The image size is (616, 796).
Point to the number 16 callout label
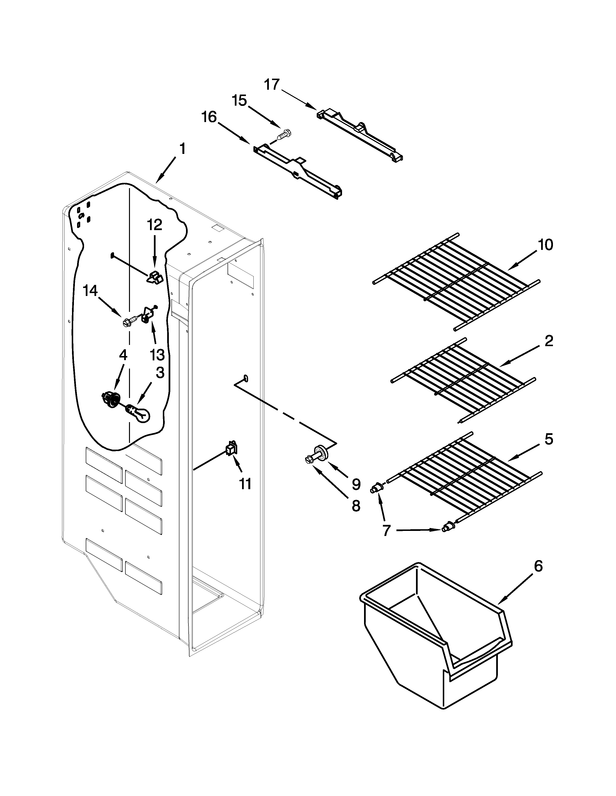(209, 117)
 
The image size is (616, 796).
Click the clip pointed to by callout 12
(155, 277)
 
